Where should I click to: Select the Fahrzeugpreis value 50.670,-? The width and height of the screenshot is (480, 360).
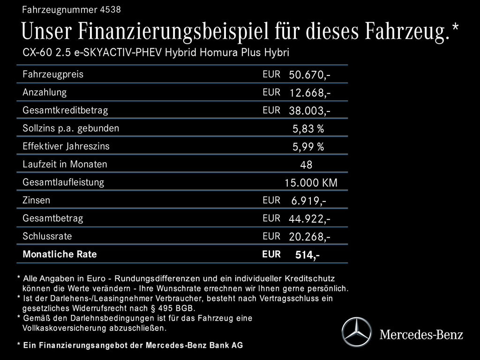[x=310, y=75]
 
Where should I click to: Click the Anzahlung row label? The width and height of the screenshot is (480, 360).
[x=45, y=92]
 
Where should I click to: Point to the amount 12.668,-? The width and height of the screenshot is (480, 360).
[x=310, y=93]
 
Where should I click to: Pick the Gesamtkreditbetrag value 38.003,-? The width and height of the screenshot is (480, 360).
[x=310, y=111]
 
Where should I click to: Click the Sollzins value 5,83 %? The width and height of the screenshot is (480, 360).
[x=308, y=129]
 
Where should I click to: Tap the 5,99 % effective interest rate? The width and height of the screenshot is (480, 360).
[x=308, y=147]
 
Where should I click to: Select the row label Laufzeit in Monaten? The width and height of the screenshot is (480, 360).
[x=65, y=165]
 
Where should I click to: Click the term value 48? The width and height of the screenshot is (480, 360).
[x=306, y=165]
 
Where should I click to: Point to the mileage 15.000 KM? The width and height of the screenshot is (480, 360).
[x=311, y=183]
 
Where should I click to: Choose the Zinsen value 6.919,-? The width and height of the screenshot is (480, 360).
[x=309, y=201]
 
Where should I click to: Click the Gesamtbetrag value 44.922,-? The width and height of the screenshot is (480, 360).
[x=310, y=219]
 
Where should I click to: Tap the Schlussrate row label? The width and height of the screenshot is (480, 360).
[x=47, y=236]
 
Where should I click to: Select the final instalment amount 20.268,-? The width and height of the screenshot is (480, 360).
[x=310, y=237]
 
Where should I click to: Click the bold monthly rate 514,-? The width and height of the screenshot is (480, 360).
[x=307, y=255]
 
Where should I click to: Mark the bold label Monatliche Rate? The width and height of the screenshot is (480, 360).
[x=60, y=255]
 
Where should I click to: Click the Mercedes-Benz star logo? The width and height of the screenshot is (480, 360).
[x=356, y=332]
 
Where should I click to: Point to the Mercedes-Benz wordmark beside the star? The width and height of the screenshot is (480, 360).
[x=421, y=334]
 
